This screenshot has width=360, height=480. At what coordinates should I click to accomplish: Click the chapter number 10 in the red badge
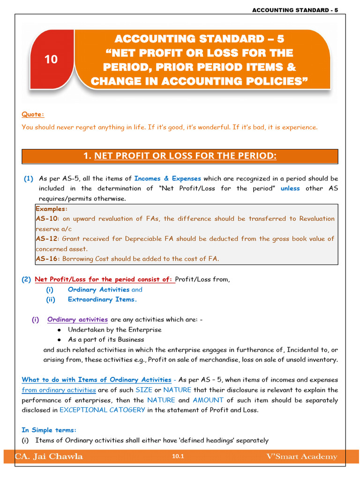[x=51, y=60]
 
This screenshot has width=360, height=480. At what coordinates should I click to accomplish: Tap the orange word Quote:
[x=33, y=114]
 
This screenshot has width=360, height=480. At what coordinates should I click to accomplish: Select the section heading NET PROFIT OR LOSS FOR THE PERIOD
[x=185, y=156]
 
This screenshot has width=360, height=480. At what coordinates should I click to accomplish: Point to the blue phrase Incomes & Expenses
[x=167, y=179]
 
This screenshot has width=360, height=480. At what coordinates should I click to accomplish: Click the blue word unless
[x=290, y=188]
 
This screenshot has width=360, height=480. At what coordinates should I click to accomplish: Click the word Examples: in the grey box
[x=52, y=209]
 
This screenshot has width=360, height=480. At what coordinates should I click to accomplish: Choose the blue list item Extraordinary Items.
[x=102, y=300]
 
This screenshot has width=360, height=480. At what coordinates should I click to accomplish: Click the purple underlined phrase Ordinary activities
[x=77, y=320]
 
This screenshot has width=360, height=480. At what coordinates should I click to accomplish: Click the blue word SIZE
[x=144, y=390]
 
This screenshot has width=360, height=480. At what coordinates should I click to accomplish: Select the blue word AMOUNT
[x=208, y=400]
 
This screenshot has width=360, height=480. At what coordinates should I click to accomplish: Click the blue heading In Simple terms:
[x=49, y=430]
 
